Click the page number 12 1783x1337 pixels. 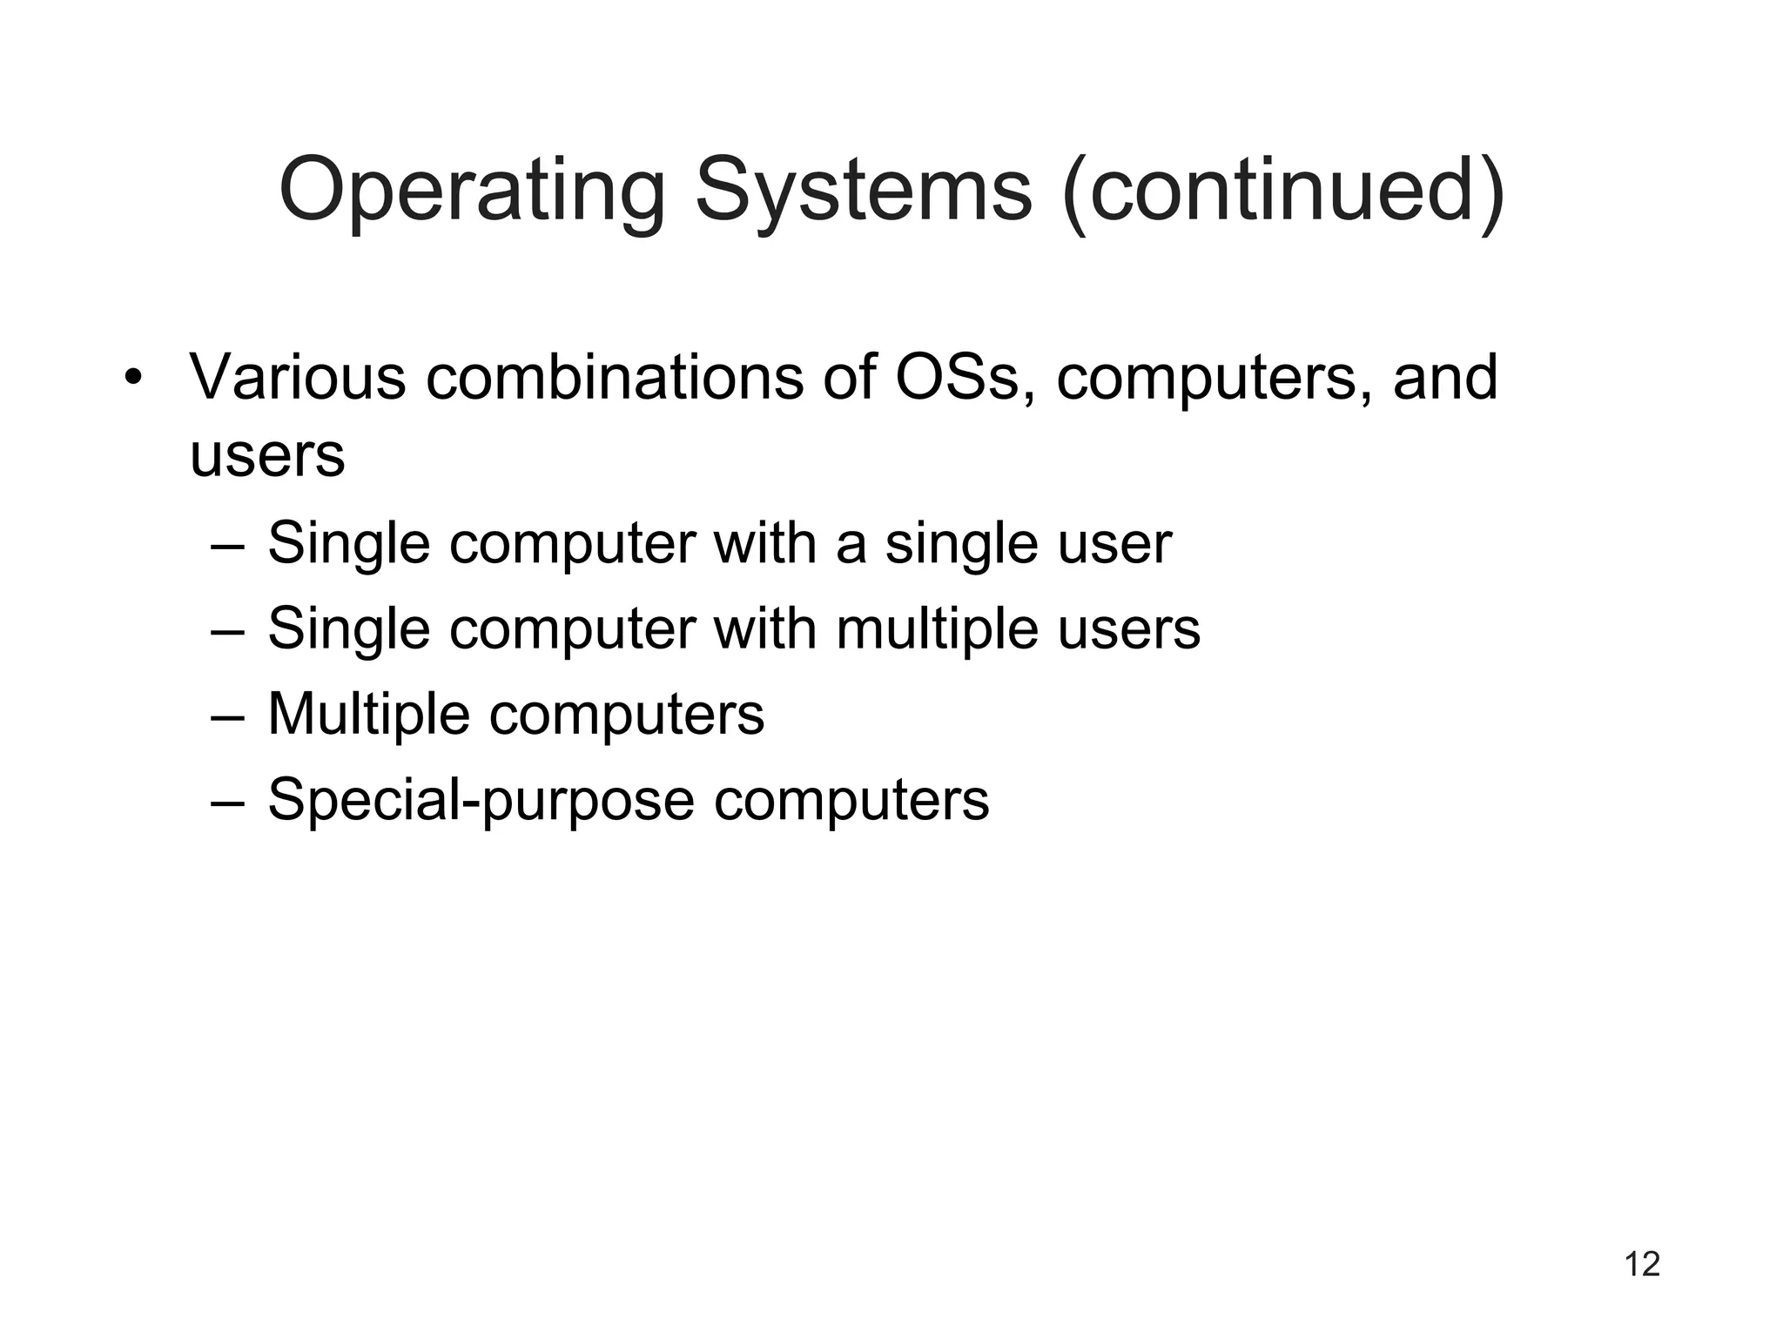(x=1642, y=1264)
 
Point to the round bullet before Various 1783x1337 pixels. (x=131, y=380)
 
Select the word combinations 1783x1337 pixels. (x=615, y=378)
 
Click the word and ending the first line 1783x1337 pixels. (x=1444, y=378)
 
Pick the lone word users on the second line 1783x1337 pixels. (x=267, y=456)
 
